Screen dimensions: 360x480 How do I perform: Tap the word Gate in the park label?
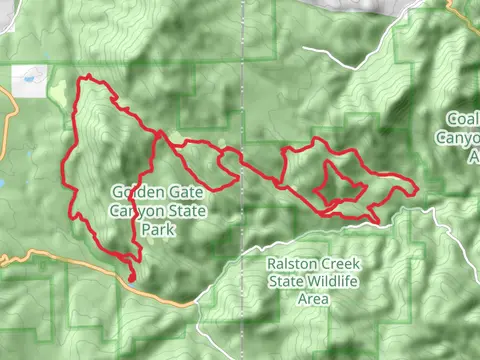click(175, 192)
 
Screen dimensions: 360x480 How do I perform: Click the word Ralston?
click(291, 264)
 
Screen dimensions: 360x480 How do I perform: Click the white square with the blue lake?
click(27, 81)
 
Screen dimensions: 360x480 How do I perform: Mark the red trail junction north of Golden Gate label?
click(158, 132)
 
